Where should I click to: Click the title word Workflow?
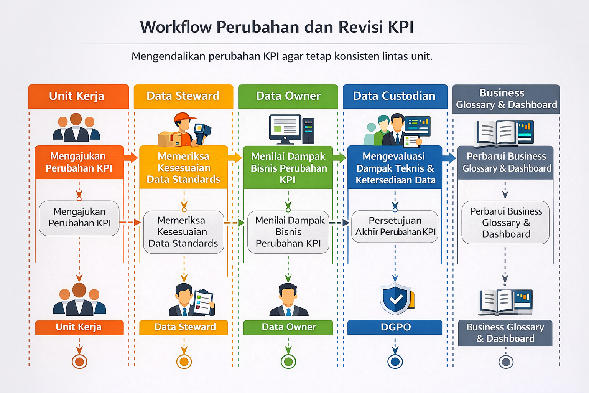pyautogui.click(x=176, y=27)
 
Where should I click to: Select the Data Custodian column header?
pyautogui.click(x=395, y=96)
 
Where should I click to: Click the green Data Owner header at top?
pyautogui.click(x=288, y=96)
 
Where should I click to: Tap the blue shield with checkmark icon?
pyautogui.click(x=396, y=299)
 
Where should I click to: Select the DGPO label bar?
pyautogui.click(x=395, y=327)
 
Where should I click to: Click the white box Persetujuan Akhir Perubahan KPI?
pyautogui.click(x=395, y=226)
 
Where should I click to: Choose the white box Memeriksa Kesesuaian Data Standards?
pyautogui.click(x=183, y=232)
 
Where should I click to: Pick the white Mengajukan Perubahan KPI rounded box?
pyautogui.click(x=79, y=218)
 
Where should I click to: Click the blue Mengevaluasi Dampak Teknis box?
pyautogui.click(x=395, y=168)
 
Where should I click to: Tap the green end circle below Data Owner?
pyautogui.click(x=288, y=362)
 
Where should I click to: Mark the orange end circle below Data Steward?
pyautogui.click(x=184, y=362)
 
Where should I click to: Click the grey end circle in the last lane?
pyautogui.click(x=506, y=362)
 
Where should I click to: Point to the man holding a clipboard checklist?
pyautogui.click(x=192, y=300)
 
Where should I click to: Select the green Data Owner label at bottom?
pyautogui.click(x=288, y=327)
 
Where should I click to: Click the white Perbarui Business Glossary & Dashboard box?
pyautogui.click(x=506, y=223)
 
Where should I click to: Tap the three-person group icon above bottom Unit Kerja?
pyautogui.click(x=79, y=300)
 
